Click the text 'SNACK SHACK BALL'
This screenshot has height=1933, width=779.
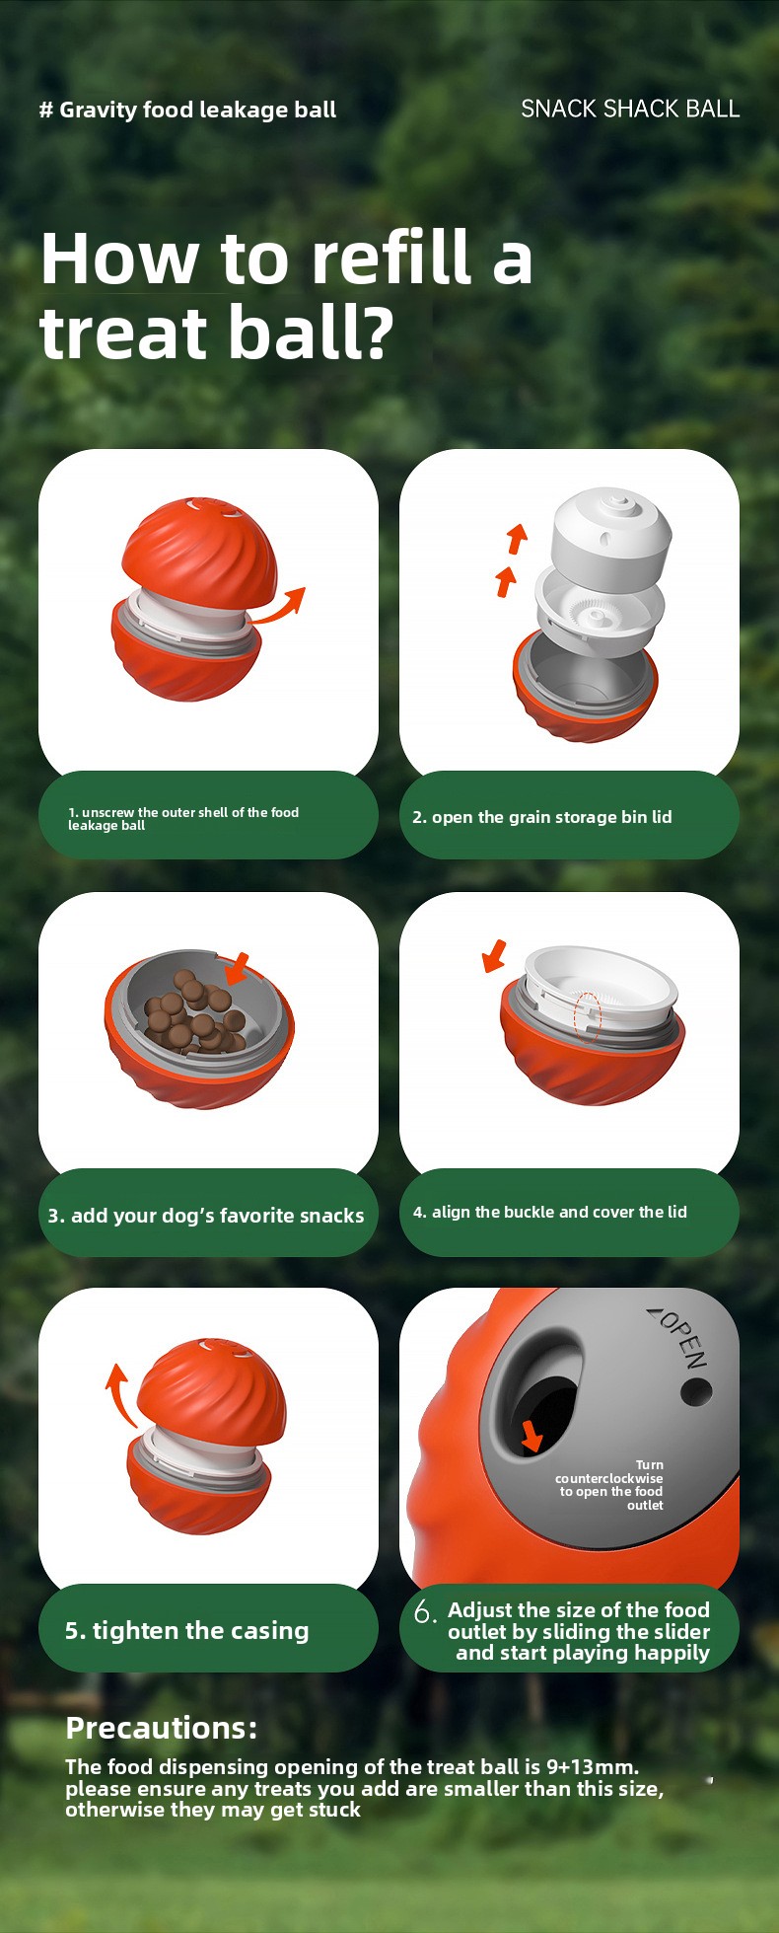click(x=630, y=109)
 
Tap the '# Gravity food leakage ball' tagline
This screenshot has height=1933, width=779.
click(x=187, y=110)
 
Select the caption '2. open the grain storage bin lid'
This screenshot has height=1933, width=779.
click(x=541, y=817)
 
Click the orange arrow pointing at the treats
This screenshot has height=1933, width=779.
click(x=237, y=968)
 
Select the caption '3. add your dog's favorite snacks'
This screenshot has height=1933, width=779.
click(x=206, y=1216)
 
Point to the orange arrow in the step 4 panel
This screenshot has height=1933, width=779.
click(x=494, y=955)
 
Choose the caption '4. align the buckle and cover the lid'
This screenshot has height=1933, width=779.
click(x=549, y=1212)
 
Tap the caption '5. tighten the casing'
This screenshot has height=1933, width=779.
click(x=186, y=1630)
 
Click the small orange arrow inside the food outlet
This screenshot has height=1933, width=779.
click(x=531, y=1436)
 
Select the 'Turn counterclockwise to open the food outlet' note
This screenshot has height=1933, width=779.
click(x=609, y=1485)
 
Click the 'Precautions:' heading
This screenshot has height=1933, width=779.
click(x=161, y=1728)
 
